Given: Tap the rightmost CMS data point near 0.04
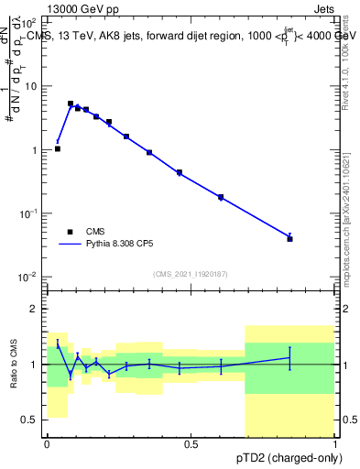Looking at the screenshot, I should [290, 238].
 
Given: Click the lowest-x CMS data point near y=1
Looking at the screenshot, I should [58, 148].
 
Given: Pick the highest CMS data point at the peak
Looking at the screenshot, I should [71, 104].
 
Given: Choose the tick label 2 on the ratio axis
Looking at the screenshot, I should [34, 309].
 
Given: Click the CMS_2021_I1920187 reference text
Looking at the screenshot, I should [191, 273].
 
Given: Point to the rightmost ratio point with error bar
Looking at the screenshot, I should [290, 358].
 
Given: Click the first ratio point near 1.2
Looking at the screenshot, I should [58, 344].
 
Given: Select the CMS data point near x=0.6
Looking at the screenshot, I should [221, 197].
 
